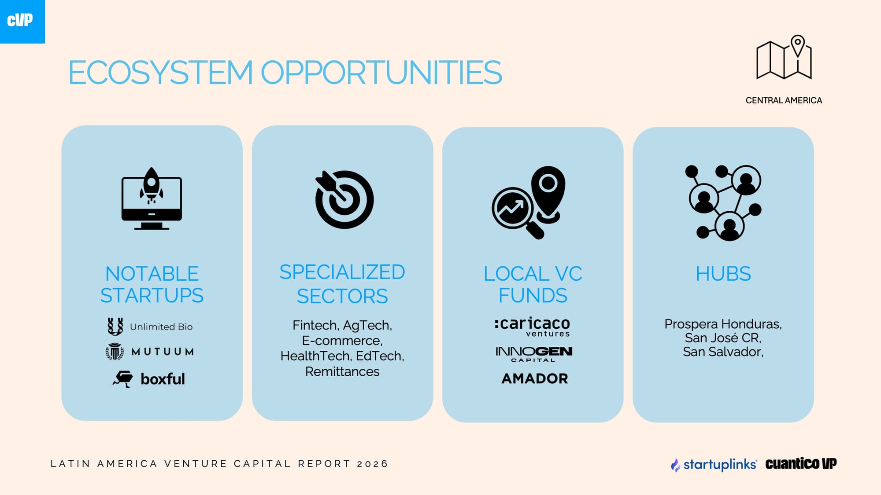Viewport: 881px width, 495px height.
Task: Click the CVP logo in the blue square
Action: pyautogui.click(x=20, y=20)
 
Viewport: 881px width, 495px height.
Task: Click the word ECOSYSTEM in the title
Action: pyautogui.click(x=161, y=73)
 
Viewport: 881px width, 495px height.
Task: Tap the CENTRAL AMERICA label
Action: pyautogui.click(x=784, y=100)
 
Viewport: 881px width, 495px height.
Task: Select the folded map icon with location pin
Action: pyautogui.click(x=784, y=57)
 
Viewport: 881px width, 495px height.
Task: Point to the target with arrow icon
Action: pyautogui.click(x=344, y=199)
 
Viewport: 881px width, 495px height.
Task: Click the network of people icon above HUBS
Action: pyautogui.click(x=723, y=202)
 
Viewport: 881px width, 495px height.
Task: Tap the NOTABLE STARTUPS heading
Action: pyautogui.click(x=152, y=284)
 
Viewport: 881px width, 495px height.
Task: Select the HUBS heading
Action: pyautogui.click(x=723, y=274)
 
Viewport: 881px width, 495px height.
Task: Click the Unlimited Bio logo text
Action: pyautogui.click(x=161, y=327)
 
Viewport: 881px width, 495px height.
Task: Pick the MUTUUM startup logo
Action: pyautogui.click(x=150, y=352)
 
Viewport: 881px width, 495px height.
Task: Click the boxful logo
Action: pyautogui.click(x=149, y=379)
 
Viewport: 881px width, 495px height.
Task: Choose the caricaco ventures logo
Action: pyautogui.click(x=532, y=327)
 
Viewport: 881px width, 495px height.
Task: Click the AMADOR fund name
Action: pyautogui.click(x=535, y=378)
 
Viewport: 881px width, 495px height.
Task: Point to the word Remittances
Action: pyautogui.click(x=342, y=372)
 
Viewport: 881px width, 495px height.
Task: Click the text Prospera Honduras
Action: pyautogui.click(x=722, y=324)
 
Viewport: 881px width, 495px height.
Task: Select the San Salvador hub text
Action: pyautogui.click(x=722, y=352)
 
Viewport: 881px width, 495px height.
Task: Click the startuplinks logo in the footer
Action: pyautogui.click(x=714, y=464)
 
